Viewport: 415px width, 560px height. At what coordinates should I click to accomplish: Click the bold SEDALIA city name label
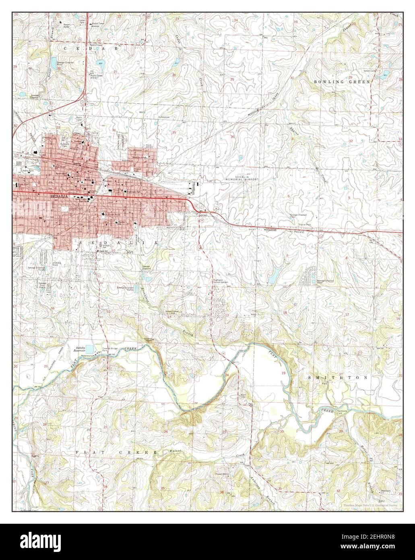pyautogui.click(x=58, y=196)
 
